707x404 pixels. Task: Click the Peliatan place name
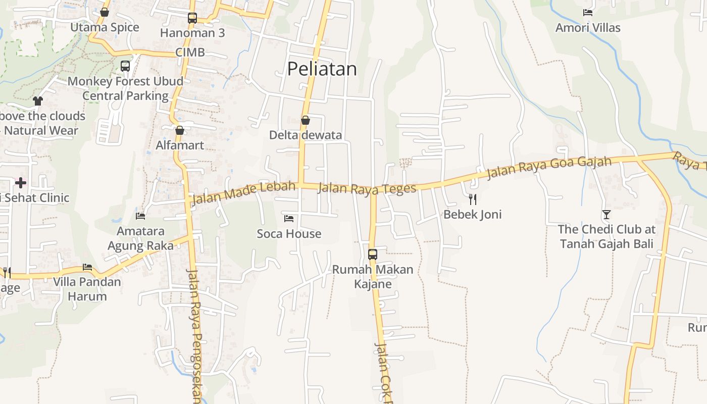coord(322,69)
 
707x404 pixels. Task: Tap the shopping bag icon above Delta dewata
coord(305,120)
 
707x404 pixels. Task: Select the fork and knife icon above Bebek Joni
coord(472,199)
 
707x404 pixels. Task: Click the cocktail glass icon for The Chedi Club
coord(606,214)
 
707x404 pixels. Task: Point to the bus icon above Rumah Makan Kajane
coord(373,254)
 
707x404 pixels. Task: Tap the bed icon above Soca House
coord(289,218)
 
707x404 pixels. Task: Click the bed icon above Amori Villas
coord(587,13)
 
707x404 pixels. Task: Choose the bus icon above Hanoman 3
coord(192,18)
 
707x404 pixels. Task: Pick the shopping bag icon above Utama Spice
coord(105,12)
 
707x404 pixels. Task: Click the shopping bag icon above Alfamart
coord(180,130)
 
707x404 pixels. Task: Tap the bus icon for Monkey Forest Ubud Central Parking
coord(125,66)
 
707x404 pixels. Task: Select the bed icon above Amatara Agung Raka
coord(140,216)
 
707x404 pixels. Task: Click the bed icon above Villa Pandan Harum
coord(87,267)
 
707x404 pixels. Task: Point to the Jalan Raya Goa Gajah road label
coord(549,167)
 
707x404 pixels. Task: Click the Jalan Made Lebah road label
coord(243,192)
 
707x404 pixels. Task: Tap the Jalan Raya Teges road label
coord(368,188)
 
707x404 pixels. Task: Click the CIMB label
coord(190,52)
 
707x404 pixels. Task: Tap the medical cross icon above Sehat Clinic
coord(21,182)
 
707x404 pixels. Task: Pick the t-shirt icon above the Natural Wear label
coord(38,100)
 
